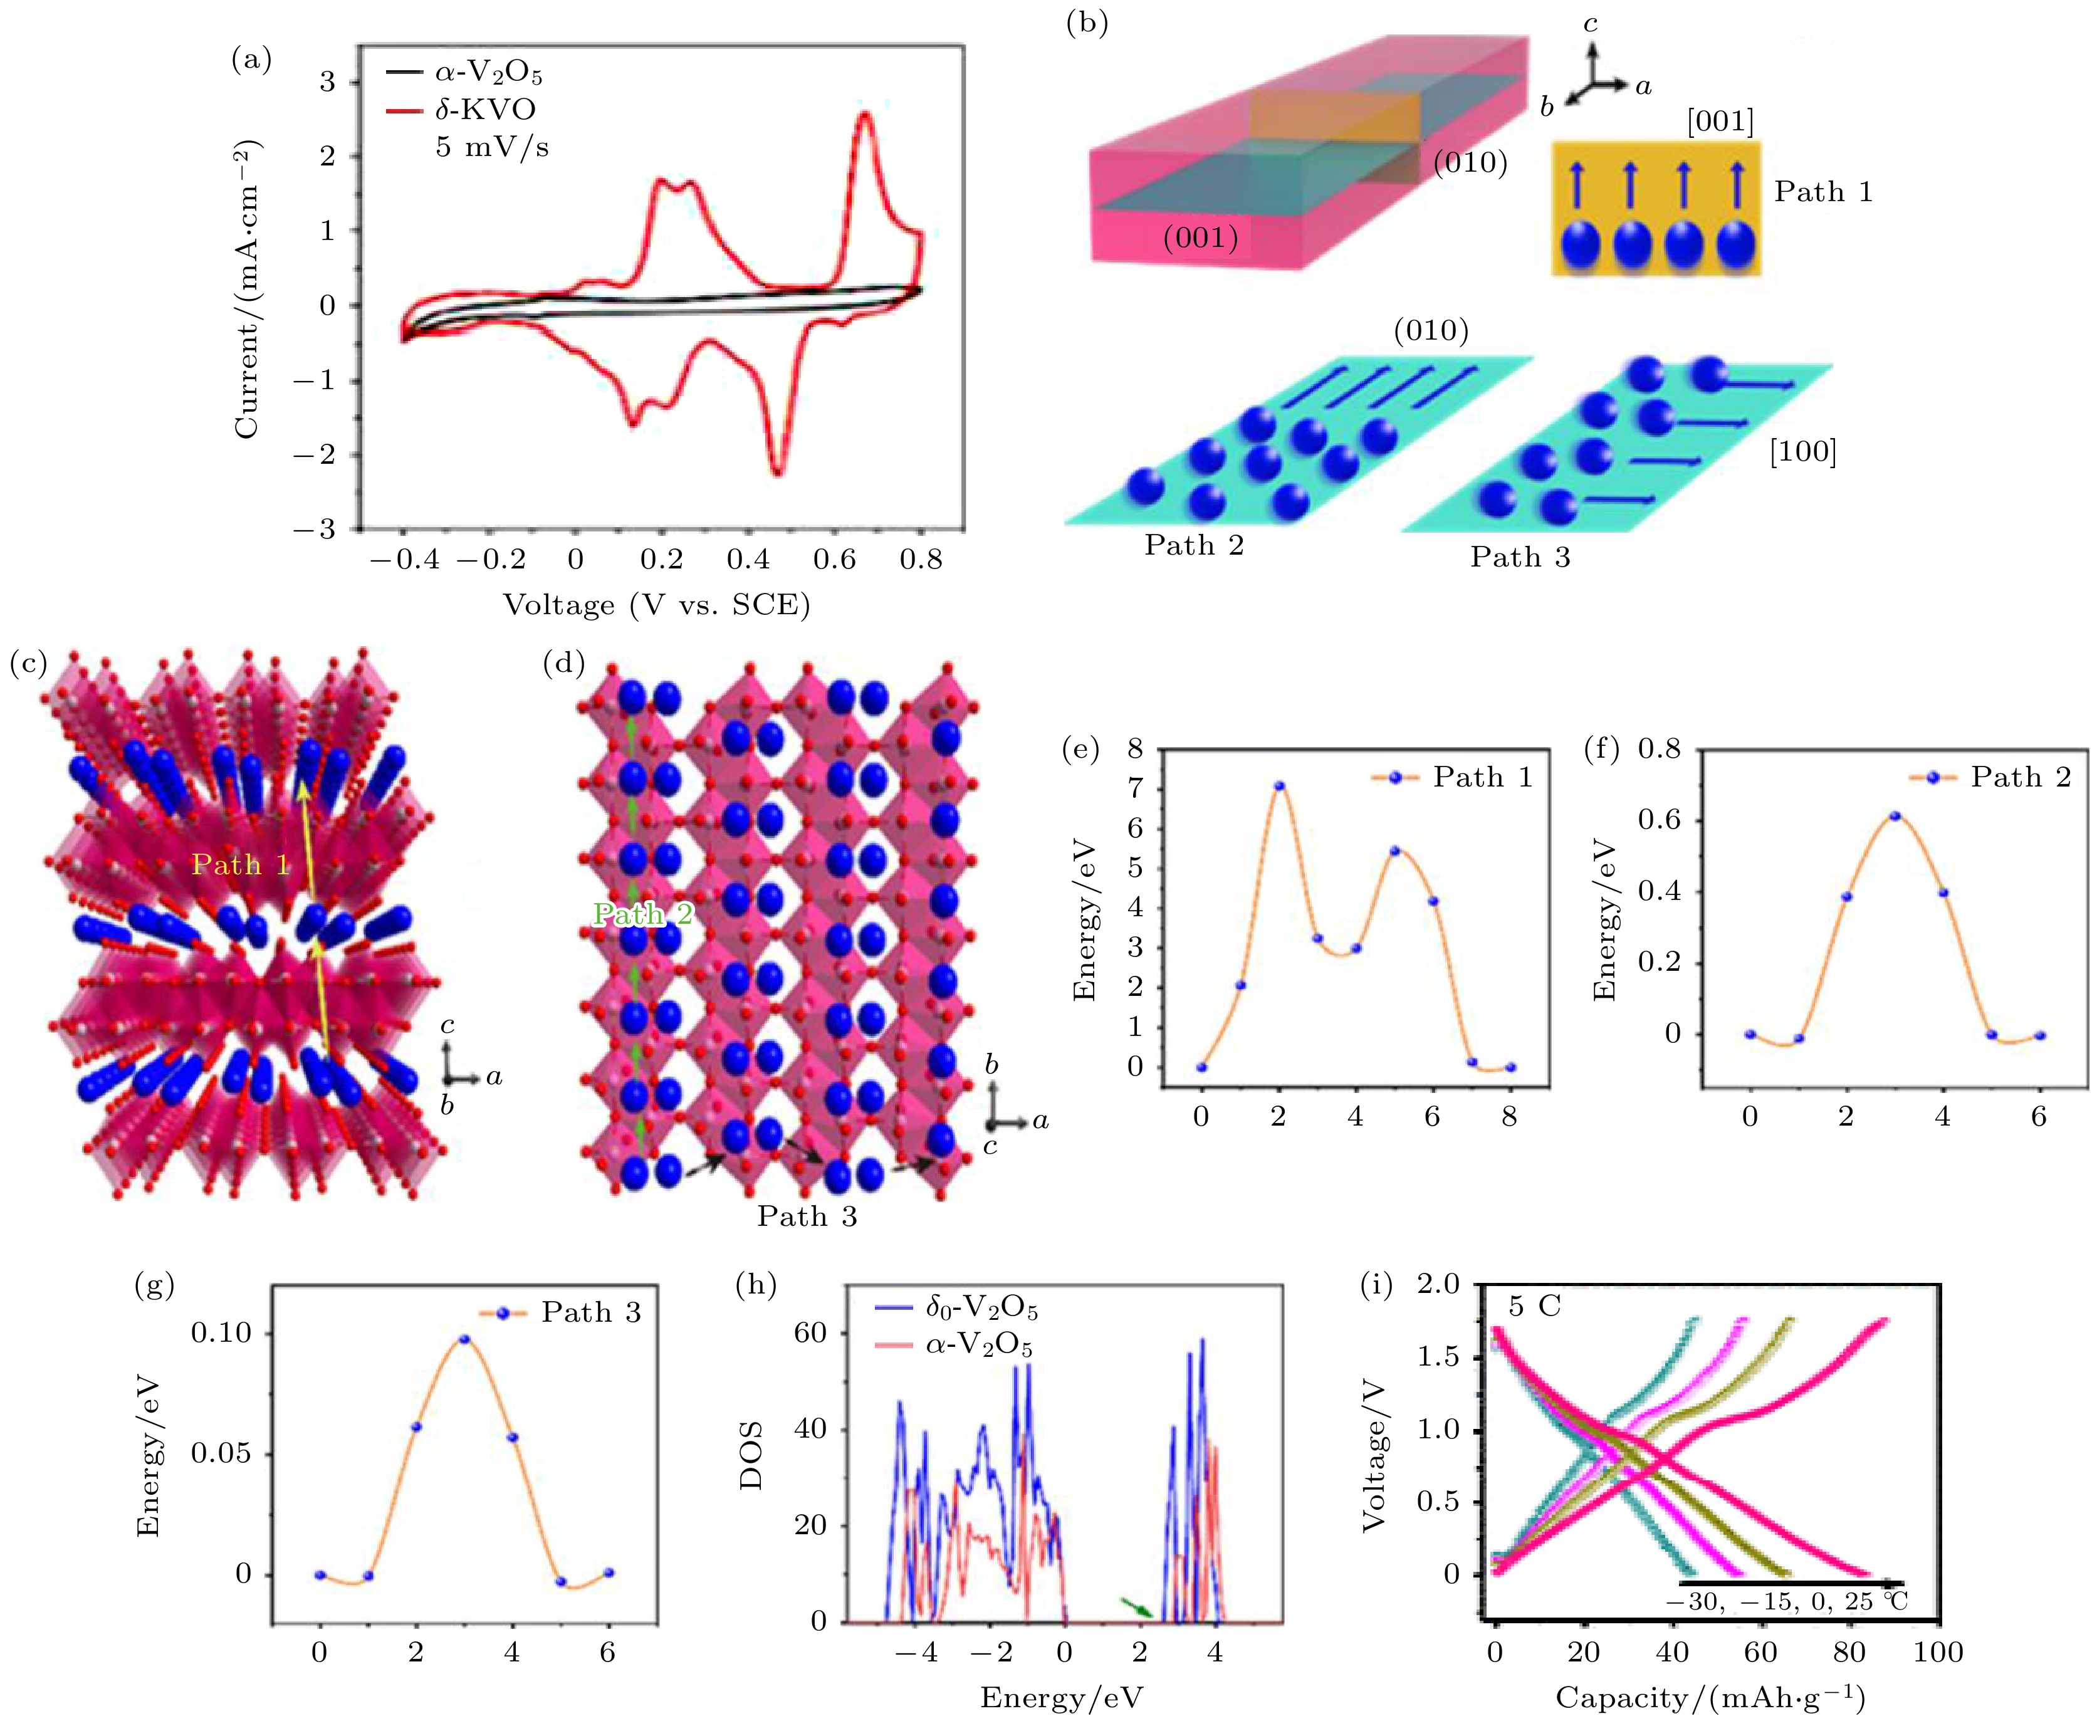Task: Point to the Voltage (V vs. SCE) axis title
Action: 656,605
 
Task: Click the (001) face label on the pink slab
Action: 1201,238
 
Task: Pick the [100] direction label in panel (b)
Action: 1802,452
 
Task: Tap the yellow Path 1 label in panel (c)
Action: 240,866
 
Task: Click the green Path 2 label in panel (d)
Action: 642,914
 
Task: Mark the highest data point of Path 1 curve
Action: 1279,786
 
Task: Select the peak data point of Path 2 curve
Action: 1895,816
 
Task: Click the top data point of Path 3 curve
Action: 464,1339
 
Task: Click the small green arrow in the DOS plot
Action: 1136,1607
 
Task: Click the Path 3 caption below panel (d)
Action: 807,1216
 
